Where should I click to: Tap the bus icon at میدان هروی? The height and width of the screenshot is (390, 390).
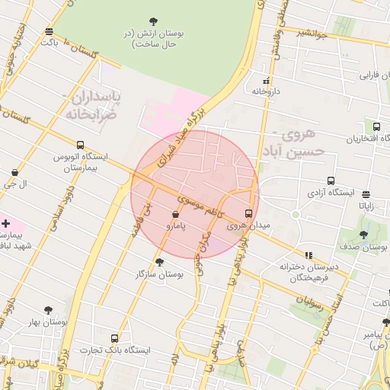point(248,213)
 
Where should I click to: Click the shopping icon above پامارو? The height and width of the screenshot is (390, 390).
point(177,215)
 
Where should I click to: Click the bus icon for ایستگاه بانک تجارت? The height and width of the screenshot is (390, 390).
point(114,337)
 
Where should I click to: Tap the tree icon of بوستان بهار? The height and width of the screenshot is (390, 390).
point(48,310)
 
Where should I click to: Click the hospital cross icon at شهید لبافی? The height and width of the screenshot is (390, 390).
point(6,224)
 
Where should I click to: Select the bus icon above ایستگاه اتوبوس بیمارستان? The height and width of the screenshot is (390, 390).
point(80,145)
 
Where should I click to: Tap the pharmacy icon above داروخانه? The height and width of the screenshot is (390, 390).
point(266,80)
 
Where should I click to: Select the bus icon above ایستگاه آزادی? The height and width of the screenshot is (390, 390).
point(330,181)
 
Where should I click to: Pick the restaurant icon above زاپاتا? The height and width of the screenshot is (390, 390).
point(366,194)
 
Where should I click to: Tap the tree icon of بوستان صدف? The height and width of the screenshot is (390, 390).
point(363,235)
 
